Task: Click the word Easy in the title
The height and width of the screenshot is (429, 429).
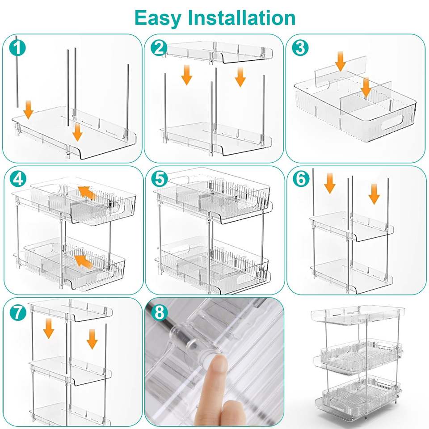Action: point(158,18)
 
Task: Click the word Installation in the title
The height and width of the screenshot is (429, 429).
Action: point(242,18)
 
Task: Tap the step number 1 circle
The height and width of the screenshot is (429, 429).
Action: point(17,48)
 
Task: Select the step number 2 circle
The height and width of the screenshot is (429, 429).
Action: point(159,48)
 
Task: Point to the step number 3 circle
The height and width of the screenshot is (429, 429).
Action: point(300,48)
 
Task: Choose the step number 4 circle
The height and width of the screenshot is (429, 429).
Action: point(18,179)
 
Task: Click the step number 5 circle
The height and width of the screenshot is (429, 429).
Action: point(160,179)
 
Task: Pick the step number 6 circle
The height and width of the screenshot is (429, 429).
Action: point(301,178)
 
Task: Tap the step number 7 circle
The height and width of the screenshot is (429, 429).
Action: point(18,312)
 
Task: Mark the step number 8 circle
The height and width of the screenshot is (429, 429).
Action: point(160,312)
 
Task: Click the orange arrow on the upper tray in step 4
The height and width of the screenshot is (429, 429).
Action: point(87,193)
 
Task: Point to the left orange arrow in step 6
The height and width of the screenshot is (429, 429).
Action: point(330,183)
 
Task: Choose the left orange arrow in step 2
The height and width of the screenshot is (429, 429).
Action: point(187,75)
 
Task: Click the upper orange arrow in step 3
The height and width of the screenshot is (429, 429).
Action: point(341,61)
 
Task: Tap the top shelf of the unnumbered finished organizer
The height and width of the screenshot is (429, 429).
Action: point(358,315)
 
